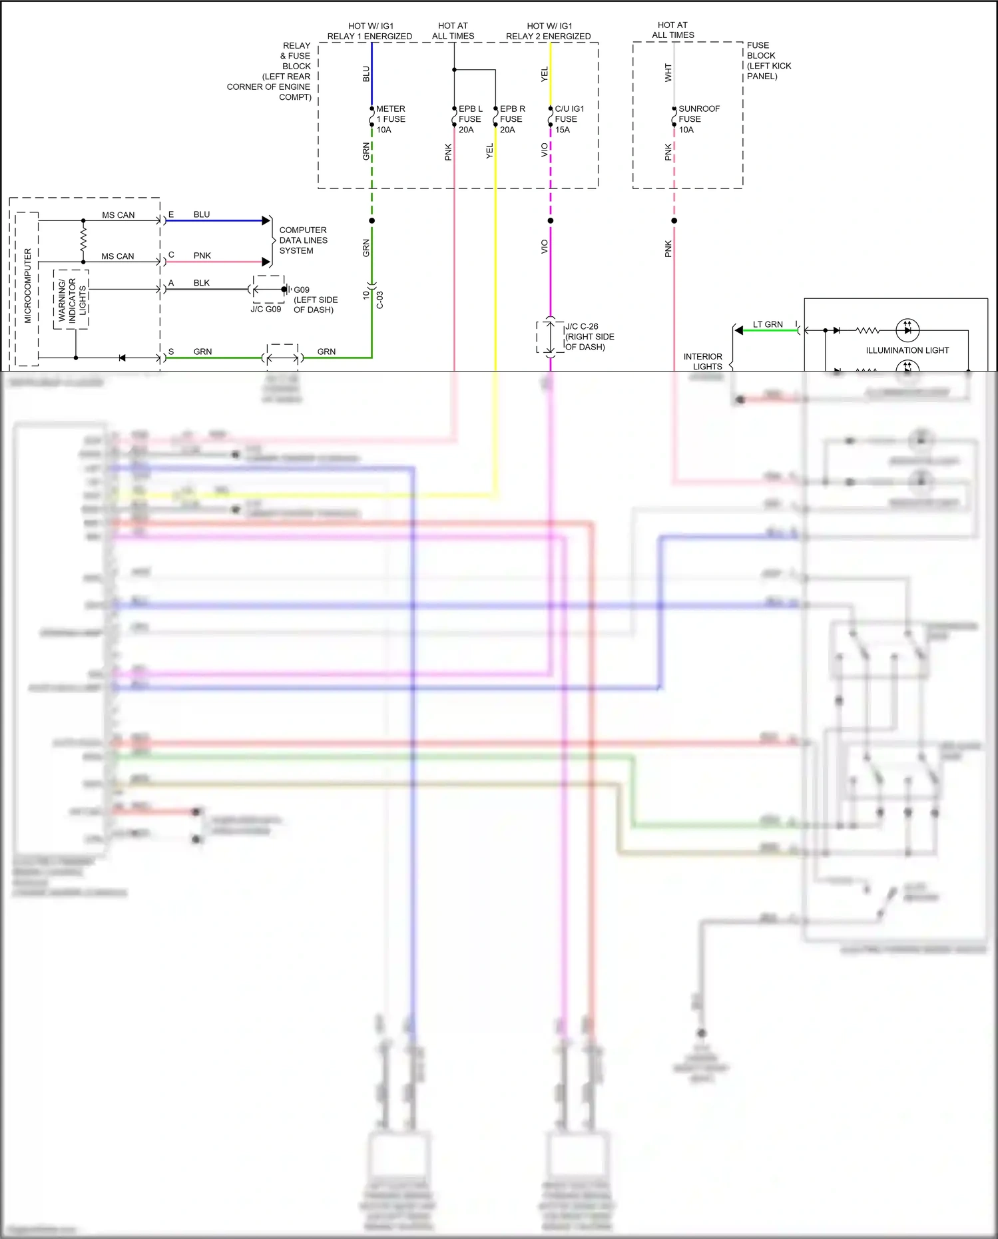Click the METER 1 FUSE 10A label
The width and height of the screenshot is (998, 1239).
390,119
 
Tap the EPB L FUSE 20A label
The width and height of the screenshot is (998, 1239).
470,119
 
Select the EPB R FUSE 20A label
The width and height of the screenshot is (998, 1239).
512,119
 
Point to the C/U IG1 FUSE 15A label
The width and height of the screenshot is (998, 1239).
569,119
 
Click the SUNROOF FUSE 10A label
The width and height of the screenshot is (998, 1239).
698,119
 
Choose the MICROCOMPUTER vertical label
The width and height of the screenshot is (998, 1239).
28,286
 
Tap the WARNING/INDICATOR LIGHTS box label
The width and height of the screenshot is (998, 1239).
72,300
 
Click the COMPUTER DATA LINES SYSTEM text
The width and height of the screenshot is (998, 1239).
303,240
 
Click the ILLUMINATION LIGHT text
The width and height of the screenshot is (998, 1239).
907,350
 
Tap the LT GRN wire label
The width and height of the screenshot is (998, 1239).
768,325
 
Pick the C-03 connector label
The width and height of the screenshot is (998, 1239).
380,300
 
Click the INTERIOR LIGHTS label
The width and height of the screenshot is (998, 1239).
703,362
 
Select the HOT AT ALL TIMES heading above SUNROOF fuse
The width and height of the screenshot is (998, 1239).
672,30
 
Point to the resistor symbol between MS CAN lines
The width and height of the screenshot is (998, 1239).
83,240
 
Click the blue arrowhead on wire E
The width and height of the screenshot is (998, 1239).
266,220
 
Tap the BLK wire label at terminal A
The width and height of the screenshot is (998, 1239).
201,283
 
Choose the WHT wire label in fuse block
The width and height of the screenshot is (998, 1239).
668,73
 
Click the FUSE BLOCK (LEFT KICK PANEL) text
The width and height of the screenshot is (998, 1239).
768,61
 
